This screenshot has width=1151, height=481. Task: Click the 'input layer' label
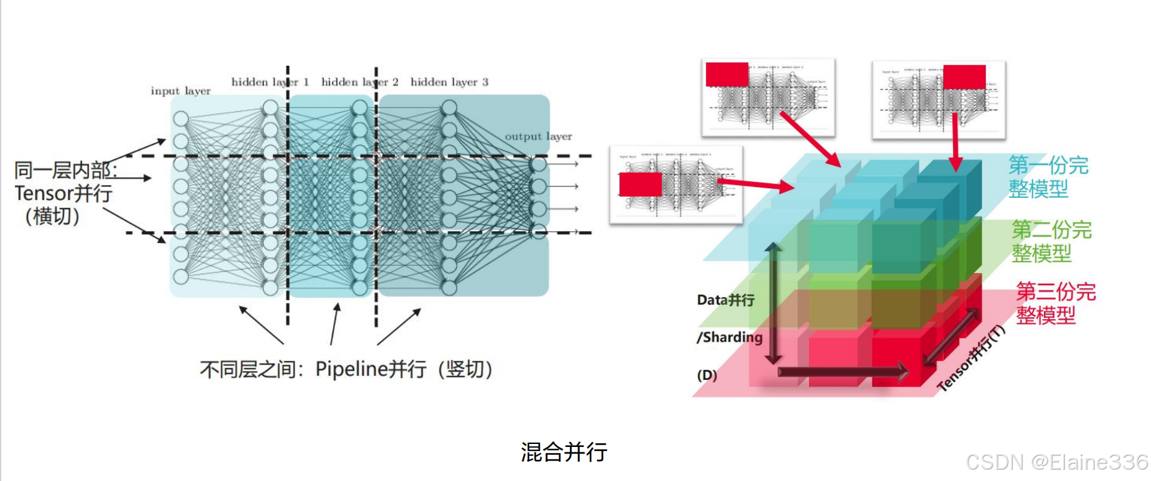[x=180, y=91]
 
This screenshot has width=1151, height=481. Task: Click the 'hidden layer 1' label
[x=270, y=82]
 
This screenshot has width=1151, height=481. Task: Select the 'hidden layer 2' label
[x=359, y=82]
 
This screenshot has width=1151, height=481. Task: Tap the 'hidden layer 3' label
[x=449, y=82]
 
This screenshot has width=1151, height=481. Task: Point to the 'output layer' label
[x=538, y=136]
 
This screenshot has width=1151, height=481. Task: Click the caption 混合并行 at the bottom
[x=563, y=452]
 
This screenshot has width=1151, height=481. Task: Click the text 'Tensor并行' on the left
[x=63, y=193]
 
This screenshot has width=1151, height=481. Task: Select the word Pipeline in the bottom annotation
[x=351, y=369]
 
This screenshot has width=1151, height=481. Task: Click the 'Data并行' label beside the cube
[x=725, y=300]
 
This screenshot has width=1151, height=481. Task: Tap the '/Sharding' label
[x=729, y=337]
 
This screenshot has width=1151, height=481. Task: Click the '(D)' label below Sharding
[x=707, y=375]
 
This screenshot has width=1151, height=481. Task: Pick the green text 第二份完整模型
[x=1051, y=241]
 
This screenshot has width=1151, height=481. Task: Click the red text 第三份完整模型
[x=1055, y=304]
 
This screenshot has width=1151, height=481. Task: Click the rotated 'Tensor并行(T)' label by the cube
[x=971, y=359]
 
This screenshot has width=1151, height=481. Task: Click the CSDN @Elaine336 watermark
[x=1057, y=462]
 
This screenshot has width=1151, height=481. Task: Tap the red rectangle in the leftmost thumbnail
[x=640, y=184]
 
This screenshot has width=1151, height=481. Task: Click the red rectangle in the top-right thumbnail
[x=964, y=76]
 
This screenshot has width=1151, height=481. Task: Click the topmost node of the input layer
[x=181, y=118]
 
